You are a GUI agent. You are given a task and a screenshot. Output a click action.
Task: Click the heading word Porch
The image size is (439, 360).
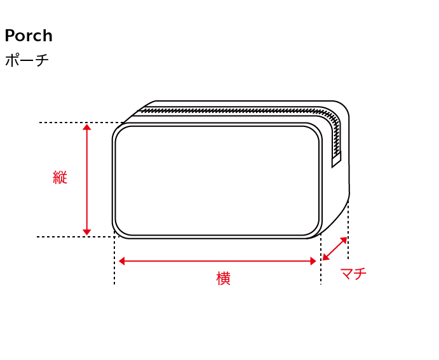point(29,36)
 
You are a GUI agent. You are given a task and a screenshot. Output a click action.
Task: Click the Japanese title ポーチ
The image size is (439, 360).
point(27,60)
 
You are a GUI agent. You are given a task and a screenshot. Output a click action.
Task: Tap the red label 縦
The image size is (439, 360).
point(60,177)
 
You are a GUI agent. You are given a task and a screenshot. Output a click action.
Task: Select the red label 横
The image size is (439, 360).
point(224,278)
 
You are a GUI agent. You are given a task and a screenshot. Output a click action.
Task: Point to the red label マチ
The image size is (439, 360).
point(353,273)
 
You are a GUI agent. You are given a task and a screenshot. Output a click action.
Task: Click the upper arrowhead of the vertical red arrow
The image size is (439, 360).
point(87,127)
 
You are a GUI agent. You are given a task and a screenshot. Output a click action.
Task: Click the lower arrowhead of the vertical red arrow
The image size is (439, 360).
point(87,232)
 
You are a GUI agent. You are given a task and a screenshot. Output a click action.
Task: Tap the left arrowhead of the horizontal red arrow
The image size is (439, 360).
point(122,261)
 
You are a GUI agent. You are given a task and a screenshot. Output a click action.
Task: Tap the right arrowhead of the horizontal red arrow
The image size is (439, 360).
point(313,261)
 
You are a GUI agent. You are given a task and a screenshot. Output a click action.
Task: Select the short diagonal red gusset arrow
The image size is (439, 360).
point(335,249)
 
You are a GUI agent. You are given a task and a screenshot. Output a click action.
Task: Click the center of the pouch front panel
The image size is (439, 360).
point(217,181)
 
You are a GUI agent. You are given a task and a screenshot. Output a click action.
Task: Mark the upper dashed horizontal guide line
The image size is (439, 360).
point(81,123)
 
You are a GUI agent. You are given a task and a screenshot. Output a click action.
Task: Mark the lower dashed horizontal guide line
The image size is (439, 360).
point(75,237)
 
